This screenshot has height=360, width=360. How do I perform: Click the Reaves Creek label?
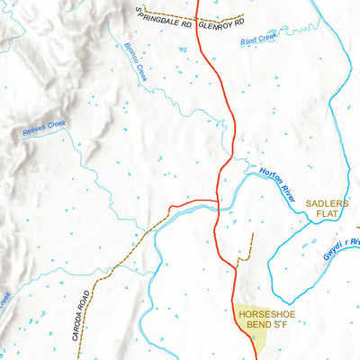[44, 130]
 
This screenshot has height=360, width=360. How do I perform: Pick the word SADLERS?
[326, 204]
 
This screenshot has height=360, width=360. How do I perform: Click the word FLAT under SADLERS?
[326, 216]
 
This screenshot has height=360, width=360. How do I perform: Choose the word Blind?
[249, 40]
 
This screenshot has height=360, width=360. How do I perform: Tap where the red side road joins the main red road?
[219, 202]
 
